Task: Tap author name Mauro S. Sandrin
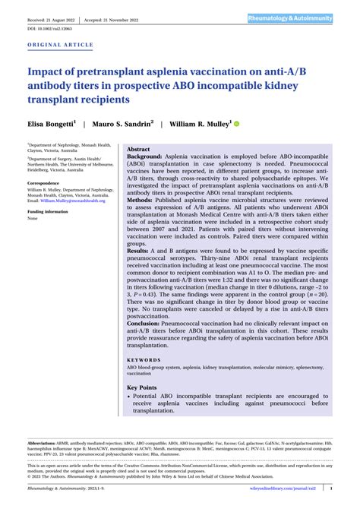click(125, 122)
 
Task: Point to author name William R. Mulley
click(201, 122)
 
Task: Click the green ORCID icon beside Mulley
click(236, 122)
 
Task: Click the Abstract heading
click(138, 150)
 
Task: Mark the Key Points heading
click(142, 387)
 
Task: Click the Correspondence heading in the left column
click(45, 183)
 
